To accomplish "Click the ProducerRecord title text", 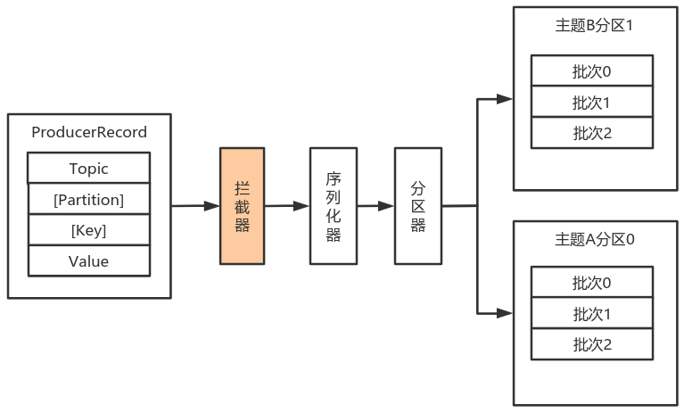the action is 89,132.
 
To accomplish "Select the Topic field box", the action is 89,168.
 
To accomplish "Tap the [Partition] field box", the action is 89,199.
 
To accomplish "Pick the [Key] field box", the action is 89,230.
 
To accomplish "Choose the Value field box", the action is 89,260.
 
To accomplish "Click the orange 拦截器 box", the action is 242,206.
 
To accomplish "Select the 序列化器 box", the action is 334,206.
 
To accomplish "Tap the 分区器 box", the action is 418,206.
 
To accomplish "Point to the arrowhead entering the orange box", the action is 212,206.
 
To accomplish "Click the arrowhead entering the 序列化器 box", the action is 301,206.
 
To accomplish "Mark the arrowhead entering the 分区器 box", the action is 386,206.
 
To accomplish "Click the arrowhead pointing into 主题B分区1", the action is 505,99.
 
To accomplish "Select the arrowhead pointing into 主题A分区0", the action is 505,313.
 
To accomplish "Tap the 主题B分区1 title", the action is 594,25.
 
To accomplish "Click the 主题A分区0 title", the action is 594,239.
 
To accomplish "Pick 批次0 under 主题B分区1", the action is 592,71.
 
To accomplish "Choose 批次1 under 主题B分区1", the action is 592,102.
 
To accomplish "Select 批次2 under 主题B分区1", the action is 592,133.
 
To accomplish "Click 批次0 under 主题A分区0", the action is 592,283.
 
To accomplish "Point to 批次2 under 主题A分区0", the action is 592,344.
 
